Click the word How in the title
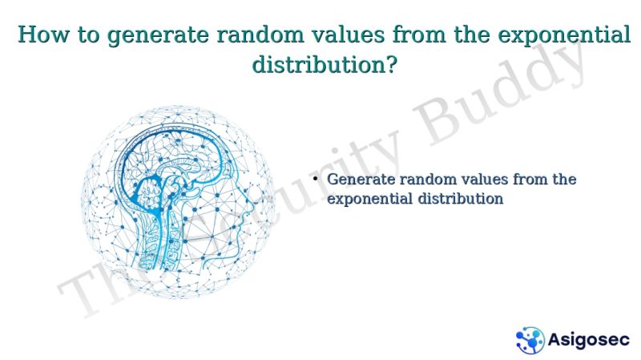click(x=38, y=36)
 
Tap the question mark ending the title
click(x=389, y=65)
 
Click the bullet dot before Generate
click(x=316, y=179)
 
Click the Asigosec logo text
click(x=588, y=339)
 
